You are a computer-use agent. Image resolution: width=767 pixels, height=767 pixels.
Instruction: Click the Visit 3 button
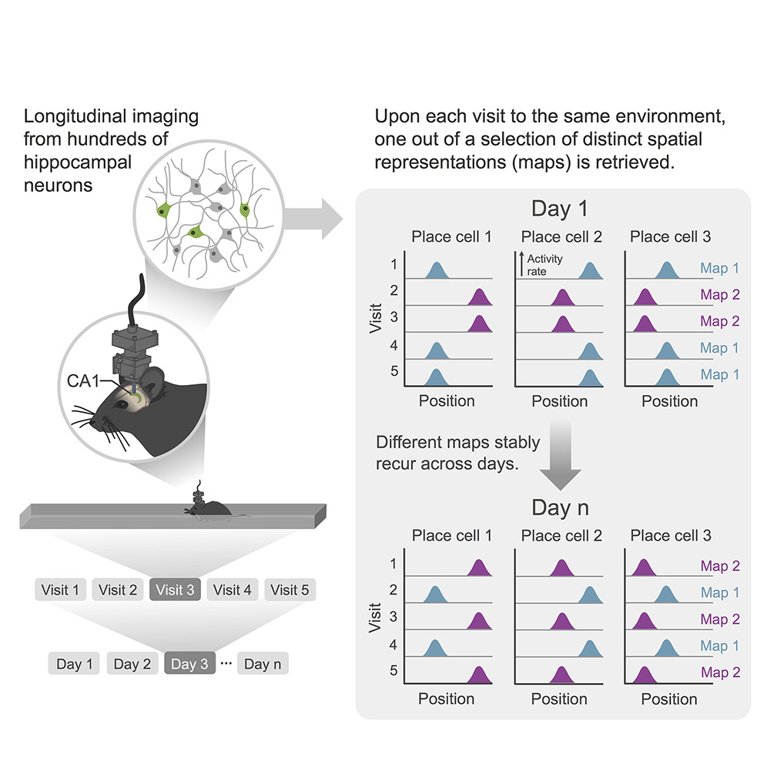(x=175, y=591)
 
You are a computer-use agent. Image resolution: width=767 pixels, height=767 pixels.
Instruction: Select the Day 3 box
(x=189, y=664)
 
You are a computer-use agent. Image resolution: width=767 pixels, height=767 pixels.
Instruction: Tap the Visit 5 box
(x=289, y=591)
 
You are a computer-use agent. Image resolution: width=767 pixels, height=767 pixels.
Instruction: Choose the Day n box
(x=263, y=664)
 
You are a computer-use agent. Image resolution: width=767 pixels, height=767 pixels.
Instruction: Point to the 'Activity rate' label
(x=544, y=265)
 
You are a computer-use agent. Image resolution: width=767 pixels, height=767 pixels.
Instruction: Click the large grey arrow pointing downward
(x=564, y=462)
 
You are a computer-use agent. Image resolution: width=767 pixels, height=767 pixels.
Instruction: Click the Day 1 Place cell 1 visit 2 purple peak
(x=480, y=297)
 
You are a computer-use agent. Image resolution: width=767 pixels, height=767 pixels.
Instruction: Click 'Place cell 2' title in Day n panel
(x=561, y=536)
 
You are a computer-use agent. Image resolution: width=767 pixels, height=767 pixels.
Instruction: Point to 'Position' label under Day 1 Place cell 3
(x=669, y=401)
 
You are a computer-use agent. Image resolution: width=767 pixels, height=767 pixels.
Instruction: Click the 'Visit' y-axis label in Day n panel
(x=375, y=618)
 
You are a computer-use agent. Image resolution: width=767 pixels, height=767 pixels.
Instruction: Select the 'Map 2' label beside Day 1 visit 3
(x=720, y=321)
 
